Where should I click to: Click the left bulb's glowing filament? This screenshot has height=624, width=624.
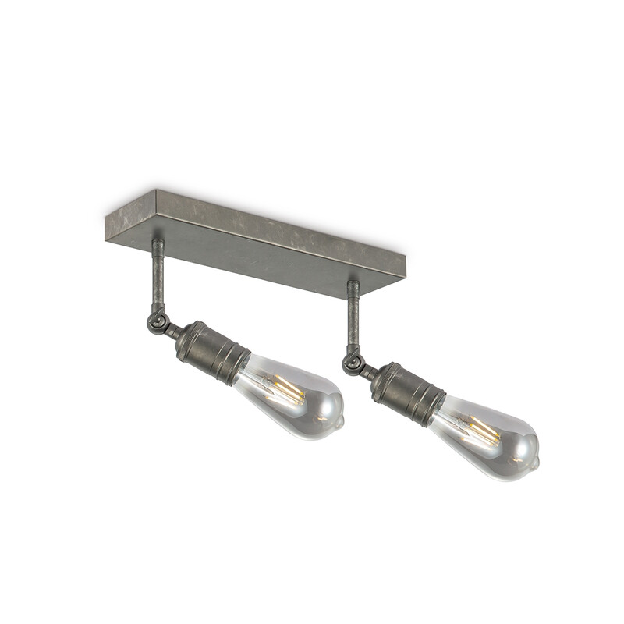[x=285, y=388]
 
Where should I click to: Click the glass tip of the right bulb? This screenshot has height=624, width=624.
[x=535, y=461]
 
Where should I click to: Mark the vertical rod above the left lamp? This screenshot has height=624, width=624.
[x=158, y=277]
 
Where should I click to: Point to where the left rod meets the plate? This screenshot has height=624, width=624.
[x=158, y=243]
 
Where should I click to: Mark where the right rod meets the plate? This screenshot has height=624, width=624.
[x=353, y=283]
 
